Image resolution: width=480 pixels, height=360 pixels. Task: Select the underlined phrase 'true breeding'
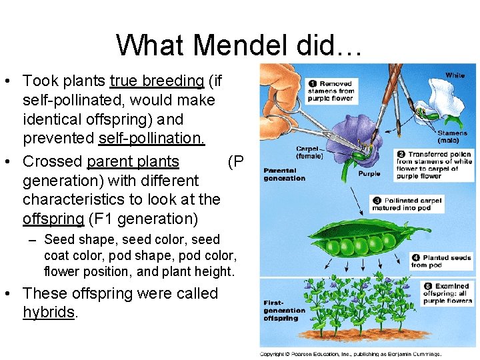157,81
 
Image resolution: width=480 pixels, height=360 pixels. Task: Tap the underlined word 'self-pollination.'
152,139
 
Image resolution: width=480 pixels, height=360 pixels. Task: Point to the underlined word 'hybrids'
49,313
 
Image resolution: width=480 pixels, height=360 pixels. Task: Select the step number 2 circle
400,154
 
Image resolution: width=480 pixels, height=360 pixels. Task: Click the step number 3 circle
377,200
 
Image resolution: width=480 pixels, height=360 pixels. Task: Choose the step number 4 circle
415,257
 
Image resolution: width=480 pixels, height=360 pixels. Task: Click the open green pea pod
363,244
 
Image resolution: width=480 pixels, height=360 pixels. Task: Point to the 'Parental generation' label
284,175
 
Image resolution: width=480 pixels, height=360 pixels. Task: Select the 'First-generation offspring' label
284,310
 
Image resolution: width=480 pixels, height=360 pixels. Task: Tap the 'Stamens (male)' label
453,137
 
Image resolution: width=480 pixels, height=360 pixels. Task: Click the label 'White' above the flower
455,75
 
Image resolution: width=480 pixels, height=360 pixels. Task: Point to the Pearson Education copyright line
350,353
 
